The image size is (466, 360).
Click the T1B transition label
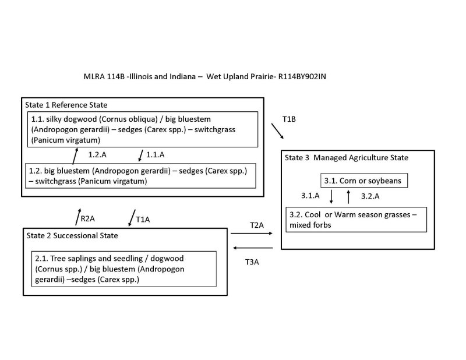(x=290, y=119)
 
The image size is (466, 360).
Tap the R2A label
(x=87, y=219)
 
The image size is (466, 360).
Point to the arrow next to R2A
(x=78, y=216)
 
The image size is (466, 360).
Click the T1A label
(x=143, y=220)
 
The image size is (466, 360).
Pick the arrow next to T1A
(x=130, y=218)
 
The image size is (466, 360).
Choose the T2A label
(x=257, y=224)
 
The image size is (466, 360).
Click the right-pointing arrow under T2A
(x=252, y=234)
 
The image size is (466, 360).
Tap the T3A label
(x=252, y=262)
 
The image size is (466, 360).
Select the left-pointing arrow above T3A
(x=252, y=248)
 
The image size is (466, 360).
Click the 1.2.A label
(x=97, y=156)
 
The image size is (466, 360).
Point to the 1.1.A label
(x=155, y=156)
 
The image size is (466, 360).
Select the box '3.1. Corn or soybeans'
(x=363, y=181)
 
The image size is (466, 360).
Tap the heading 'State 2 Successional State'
(x=72, y=235)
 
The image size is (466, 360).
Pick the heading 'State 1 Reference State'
(x=66, y=104)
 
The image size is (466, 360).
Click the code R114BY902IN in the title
(x=308, y=76)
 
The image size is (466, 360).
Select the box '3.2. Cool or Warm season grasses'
(x=356, y=219)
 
